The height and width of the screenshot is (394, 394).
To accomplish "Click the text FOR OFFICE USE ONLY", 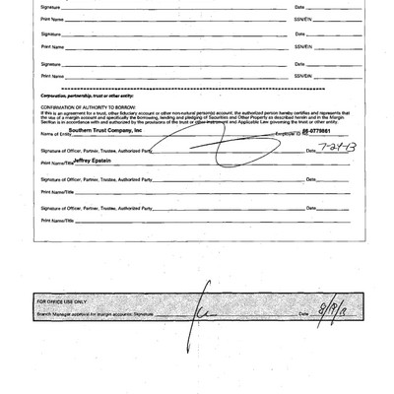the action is pyautogui.click(x=62, y=300).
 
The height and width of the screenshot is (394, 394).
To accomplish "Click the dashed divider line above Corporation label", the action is pyautogui.click(x=197, y=86).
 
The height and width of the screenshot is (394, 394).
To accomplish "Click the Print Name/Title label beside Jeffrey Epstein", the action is pyautogui.click(x=53, y=163).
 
